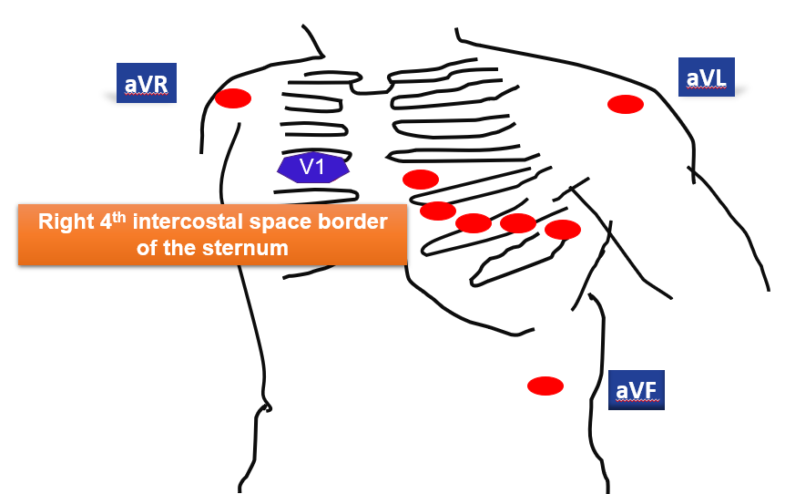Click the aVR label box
146,83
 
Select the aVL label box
707,77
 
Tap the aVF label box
637,389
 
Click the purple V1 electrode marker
313,168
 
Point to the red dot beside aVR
232,98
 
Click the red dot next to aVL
626,104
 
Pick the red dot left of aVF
545,386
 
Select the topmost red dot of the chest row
421,179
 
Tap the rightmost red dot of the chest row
563,229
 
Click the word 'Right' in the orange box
65,221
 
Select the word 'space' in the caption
290,221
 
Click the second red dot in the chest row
438,211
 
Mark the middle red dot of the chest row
474,222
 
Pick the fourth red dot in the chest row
518,222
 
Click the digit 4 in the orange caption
104,221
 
